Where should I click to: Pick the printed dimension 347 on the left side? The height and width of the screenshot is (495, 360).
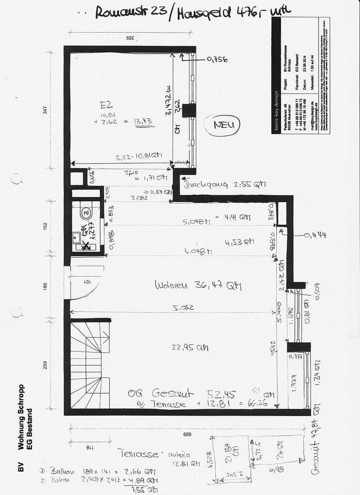(x=45, y=110)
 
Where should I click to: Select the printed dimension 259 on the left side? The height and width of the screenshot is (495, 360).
(x=45, y=365)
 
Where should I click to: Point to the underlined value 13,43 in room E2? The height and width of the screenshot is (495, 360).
(x=143, y=121)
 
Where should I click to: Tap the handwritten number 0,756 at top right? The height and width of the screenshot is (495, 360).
(x=217, y=59)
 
